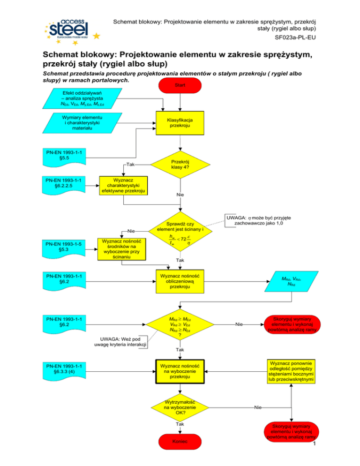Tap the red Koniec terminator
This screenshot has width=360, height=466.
click(180, 441)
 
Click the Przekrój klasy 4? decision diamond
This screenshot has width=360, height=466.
click(180, 165)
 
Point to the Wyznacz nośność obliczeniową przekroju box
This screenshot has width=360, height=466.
click(180, 280)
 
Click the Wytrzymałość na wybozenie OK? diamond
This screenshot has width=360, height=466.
click(180, 407)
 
